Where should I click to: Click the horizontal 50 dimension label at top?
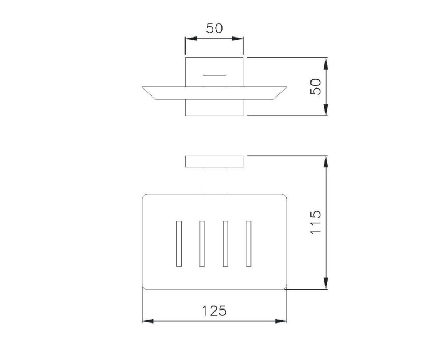point(214,28)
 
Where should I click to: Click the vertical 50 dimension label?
point(316,87)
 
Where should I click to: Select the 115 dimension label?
point(316,222)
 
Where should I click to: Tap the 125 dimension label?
point(214,311)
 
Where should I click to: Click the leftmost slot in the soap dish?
point(179,244)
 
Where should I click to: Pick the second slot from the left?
point(202,244)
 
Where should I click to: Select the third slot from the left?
point(225,244)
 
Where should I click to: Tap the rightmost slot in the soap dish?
point(248,244)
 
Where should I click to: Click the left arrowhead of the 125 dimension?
point(148,321)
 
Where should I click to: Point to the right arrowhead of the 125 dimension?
point(281,321)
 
